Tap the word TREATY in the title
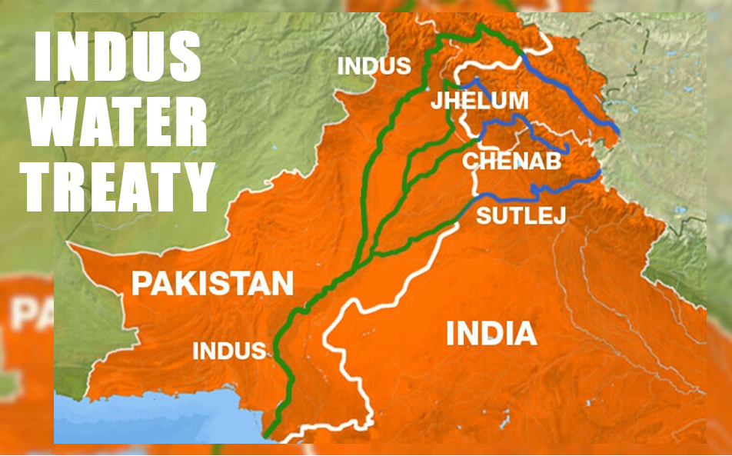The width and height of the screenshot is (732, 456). point(118,186)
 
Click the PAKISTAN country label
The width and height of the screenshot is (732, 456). point(212,283)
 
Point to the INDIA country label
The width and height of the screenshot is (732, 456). point(491,333)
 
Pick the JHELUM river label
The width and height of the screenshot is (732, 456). point(479,100)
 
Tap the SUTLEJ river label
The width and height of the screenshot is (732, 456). point(521,215)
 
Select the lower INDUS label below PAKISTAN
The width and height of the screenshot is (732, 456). point(229,351)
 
